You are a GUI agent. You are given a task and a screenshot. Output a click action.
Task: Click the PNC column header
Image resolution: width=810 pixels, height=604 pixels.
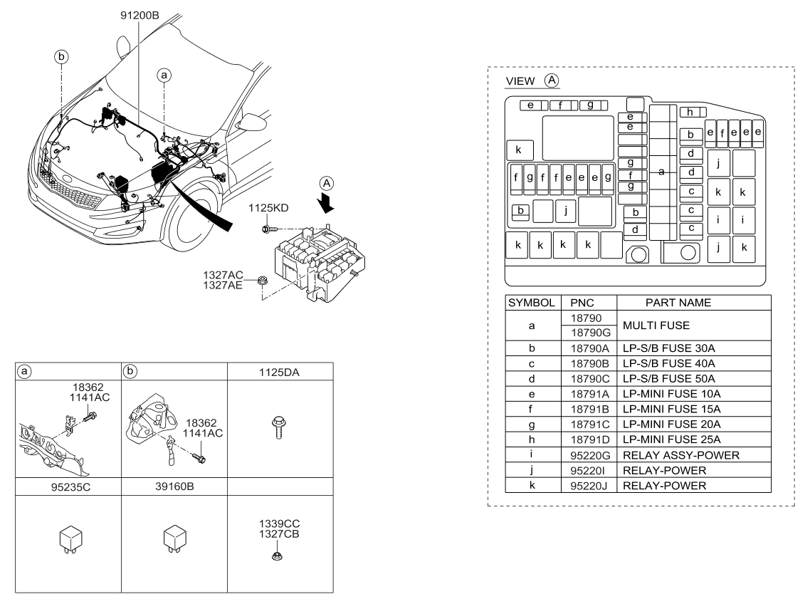tap(587, 303)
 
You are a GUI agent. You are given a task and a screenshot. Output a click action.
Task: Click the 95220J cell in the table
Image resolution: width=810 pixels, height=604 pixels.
tap(588, 486)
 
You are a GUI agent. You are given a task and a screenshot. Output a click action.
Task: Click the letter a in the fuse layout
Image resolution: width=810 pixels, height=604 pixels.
tap(662, 172)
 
